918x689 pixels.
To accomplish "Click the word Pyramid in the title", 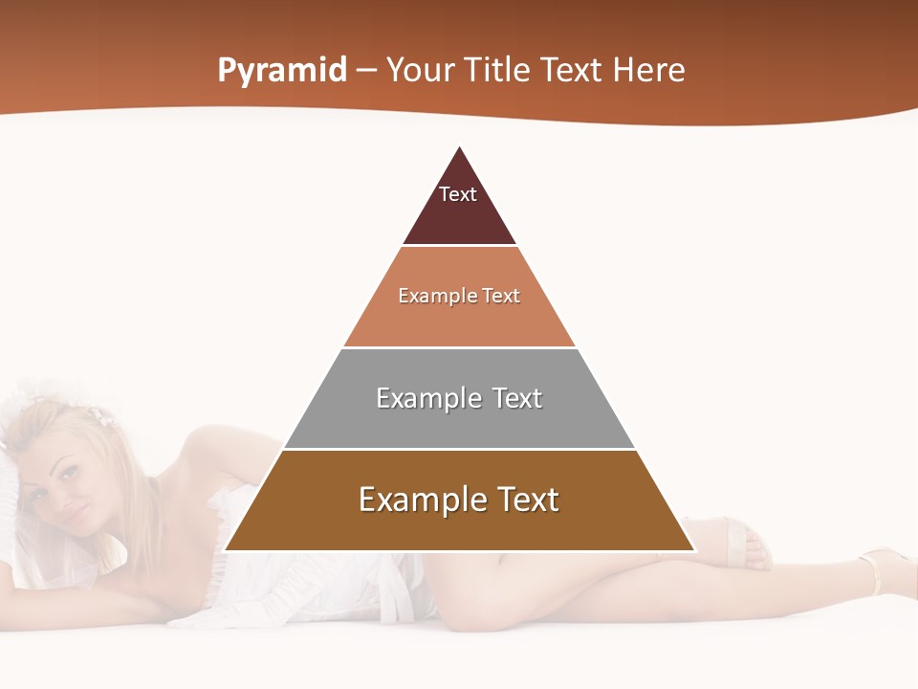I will [282, 71].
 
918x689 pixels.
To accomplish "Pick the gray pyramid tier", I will [459, 421].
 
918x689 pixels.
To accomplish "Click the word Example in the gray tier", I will [422, 398].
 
